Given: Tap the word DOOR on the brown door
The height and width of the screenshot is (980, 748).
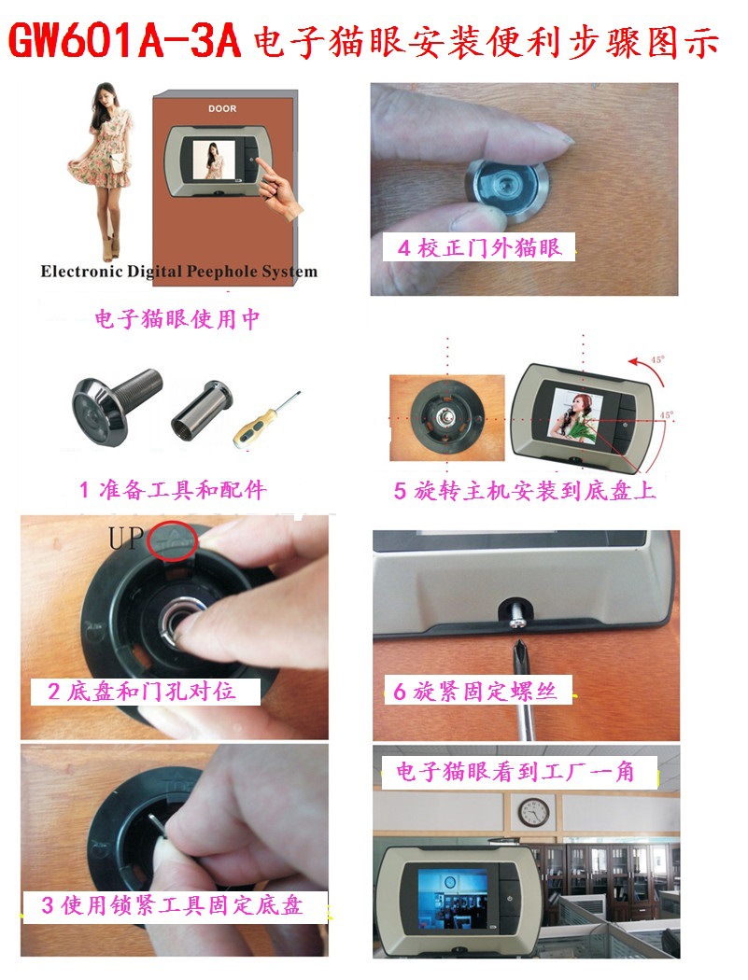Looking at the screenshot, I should pos(222,109).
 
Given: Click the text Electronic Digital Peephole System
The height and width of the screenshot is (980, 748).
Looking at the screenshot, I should pos(178,273).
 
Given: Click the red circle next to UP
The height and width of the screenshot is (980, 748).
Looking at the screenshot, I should pos(172,542).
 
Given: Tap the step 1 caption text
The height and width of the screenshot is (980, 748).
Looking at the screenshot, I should pos(173,490).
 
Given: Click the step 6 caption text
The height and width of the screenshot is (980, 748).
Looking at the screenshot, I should pos(477,692).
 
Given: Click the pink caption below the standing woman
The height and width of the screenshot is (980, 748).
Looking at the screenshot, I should pos(176,319).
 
